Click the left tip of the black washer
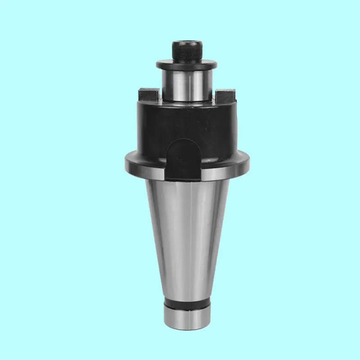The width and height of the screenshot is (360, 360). [157, 65]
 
